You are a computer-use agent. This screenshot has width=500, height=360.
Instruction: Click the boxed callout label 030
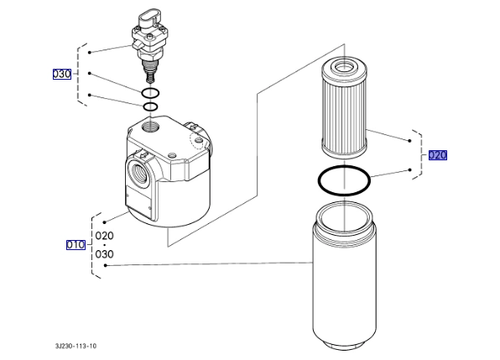click(62, 74)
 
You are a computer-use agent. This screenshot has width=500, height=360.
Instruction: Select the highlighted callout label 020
click(438, 155)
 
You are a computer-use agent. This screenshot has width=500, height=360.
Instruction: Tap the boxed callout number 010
click(76, 244)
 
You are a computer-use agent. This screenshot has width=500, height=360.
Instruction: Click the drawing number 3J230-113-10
click(76, 346)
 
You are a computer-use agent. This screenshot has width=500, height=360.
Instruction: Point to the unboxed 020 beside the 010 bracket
click(105, 236)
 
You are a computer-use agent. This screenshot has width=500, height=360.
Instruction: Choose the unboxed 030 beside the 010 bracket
click(105, 254)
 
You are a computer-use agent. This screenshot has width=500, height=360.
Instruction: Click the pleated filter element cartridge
click(344, 107)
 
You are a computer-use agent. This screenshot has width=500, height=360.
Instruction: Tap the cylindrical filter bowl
click(345, 275)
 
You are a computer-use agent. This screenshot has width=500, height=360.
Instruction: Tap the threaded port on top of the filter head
click(150, 125)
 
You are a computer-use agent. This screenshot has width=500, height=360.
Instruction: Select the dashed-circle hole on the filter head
click(199, 140)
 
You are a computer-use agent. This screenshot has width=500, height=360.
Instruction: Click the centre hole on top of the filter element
click(344, 66)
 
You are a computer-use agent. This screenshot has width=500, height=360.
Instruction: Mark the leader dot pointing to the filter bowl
click(106, 265)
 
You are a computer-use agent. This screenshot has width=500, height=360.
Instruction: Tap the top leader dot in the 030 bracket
click(90, 52)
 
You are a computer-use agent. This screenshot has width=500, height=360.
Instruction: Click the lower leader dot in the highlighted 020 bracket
click(410, 170)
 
